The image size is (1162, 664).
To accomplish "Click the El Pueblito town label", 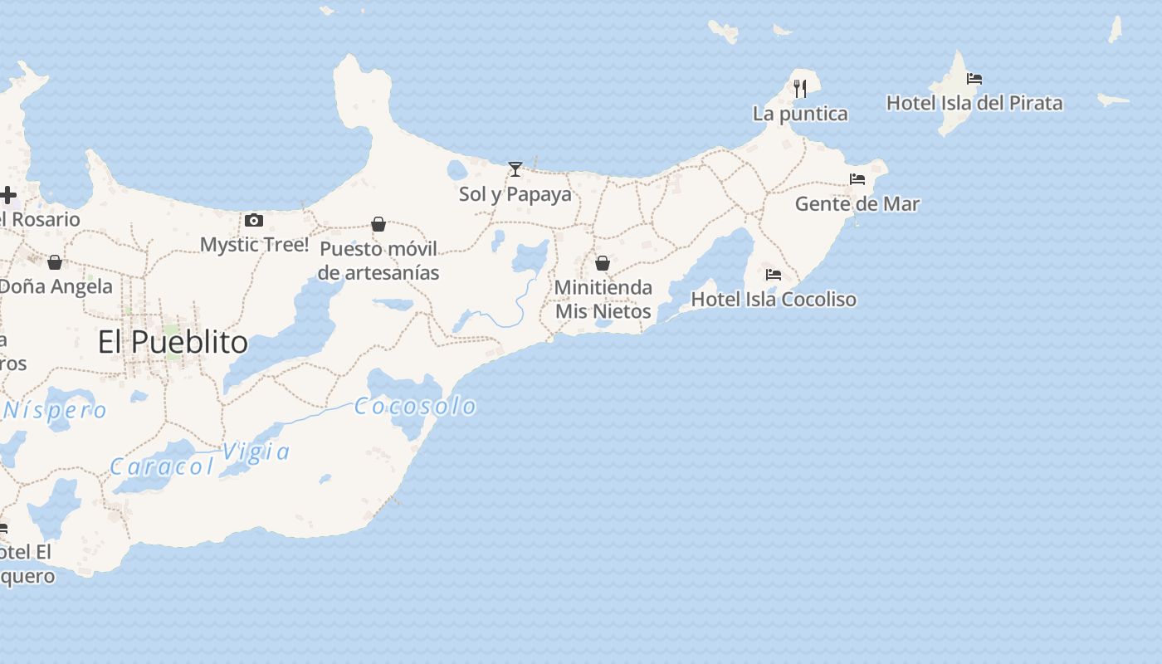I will [x=173, y=342].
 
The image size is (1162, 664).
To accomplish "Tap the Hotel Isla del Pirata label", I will [x=974, y=103].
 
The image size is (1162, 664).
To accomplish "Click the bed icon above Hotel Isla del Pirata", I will [x=974, y=79].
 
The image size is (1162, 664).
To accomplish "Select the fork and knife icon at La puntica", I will [x=800, y=88].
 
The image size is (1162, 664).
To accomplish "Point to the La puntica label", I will [x=800, y=114].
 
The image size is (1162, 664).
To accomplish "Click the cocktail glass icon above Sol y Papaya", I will [x=515, y=169].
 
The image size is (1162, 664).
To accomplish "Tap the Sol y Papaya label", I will [x=515, y=194].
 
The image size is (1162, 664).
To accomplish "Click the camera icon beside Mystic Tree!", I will [x=254, y=220].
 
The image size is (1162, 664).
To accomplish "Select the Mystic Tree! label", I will [x=254, y=245].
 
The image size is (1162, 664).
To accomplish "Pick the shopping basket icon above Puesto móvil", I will [x=378, y=224].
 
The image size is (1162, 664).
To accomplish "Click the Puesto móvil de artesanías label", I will [x=378, y=261].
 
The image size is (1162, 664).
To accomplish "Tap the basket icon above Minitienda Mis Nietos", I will [x=603, y=263].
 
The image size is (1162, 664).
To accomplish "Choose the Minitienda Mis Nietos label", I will [x=603, y=299].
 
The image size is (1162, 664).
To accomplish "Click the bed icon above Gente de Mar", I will [x=857, y=178].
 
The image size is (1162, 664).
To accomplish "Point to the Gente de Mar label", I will [x=857, y=203].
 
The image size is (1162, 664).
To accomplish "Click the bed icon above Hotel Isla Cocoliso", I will [x=774, y=274].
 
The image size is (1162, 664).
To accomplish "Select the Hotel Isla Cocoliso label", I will [x=774, y=299].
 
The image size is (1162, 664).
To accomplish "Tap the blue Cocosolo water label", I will [x=415, y=406].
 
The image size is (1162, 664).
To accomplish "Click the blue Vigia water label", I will [x=256, y=452].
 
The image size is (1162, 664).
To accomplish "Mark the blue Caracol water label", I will [x=163, y=466].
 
